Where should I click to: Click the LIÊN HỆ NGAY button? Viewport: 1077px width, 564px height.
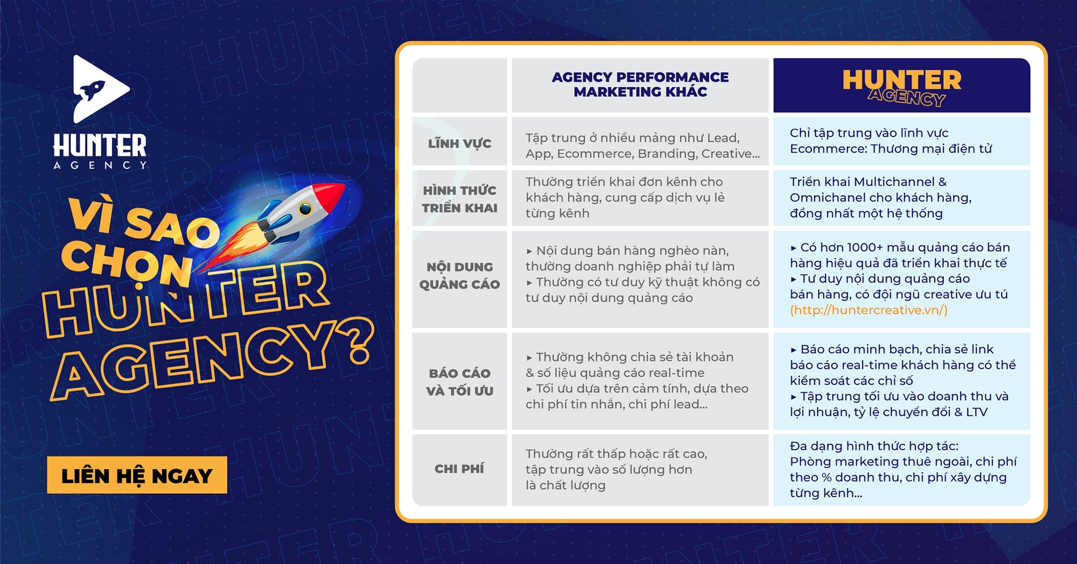click(x=137, y=475)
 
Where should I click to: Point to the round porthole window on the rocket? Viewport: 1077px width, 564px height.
click(x=305, y=209)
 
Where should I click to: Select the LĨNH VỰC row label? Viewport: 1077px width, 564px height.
click(x=459, y=144)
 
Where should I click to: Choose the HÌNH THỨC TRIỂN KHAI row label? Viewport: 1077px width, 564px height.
click(x=459, y=199)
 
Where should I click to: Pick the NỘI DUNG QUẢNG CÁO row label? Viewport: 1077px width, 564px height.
click(x=459, y=275)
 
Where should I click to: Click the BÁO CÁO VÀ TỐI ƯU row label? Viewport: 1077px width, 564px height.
click(x=459, y=382)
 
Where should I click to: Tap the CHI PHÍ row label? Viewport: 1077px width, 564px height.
click(x=459, y=469)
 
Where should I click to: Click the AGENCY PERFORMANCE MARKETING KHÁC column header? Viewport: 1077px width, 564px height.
click(x=640, y=85)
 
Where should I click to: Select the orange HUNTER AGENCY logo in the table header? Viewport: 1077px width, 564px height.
click(x=902, y=86)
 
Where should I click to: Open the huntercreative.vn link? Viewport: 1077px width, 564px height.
click(x=869, y=310)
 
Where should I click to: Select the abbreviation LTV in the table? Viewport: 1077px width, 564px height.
click(x=977, y=412)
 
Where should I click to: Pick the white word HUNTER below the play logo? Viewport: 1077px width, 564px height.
click(x=100, y=146)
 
